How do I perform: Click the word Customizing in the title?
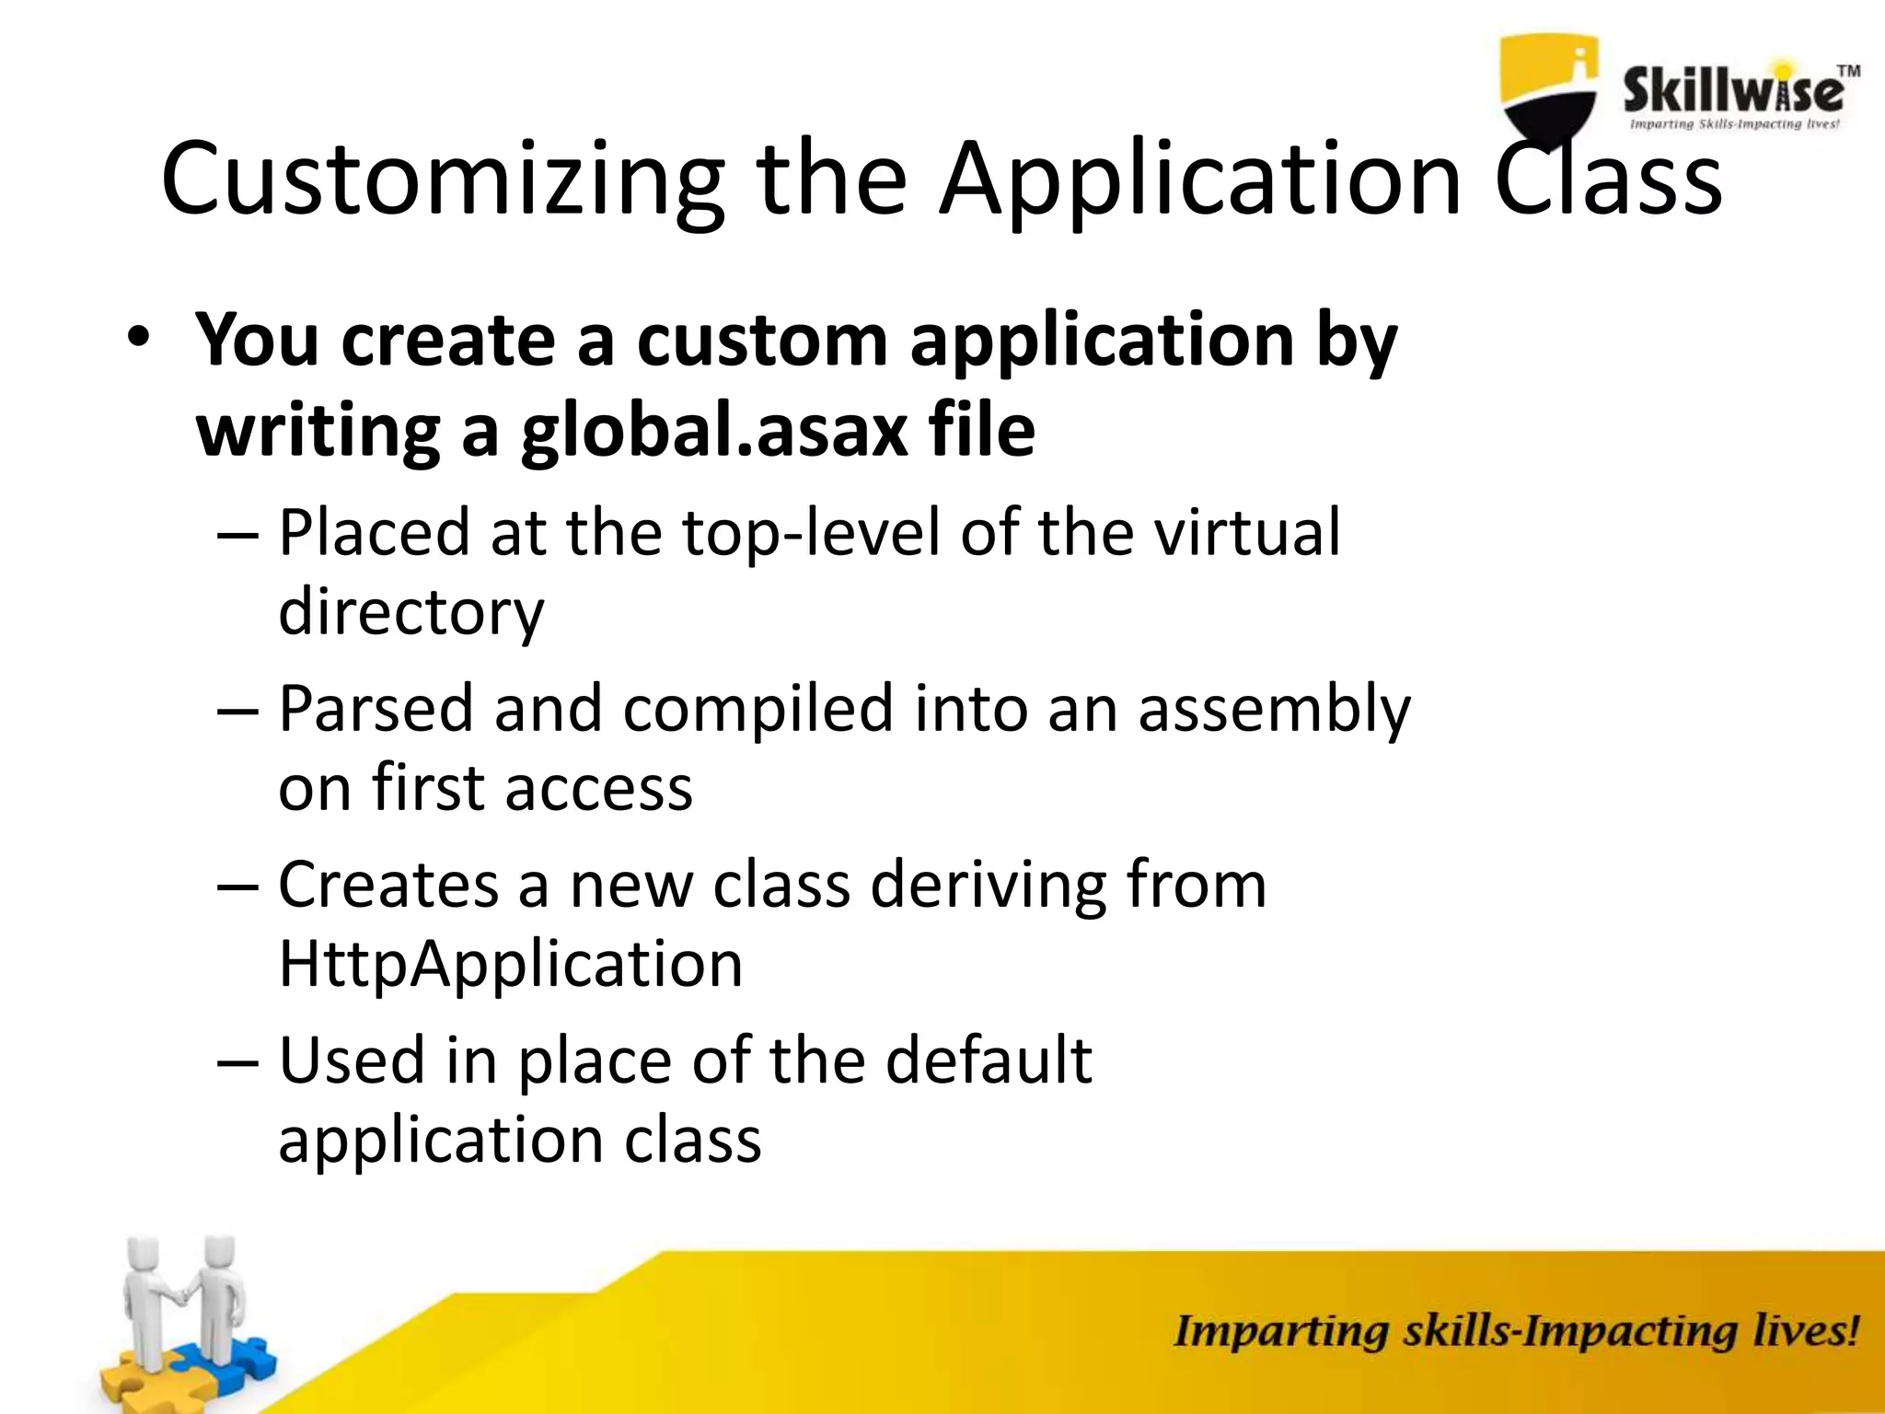[442, 180]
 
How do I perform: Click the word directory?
[411, 612]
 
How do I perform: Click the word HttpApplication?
[510, 964]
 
